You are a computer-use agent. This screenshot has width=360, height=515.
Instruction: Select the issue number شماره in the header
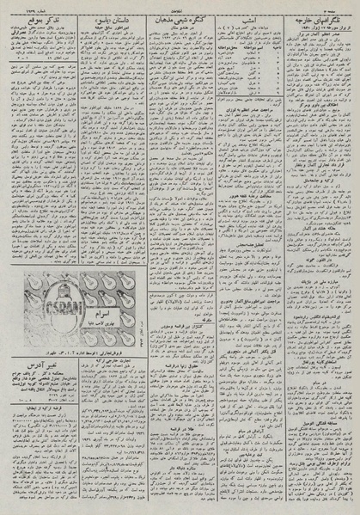[x=21, y=5]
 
